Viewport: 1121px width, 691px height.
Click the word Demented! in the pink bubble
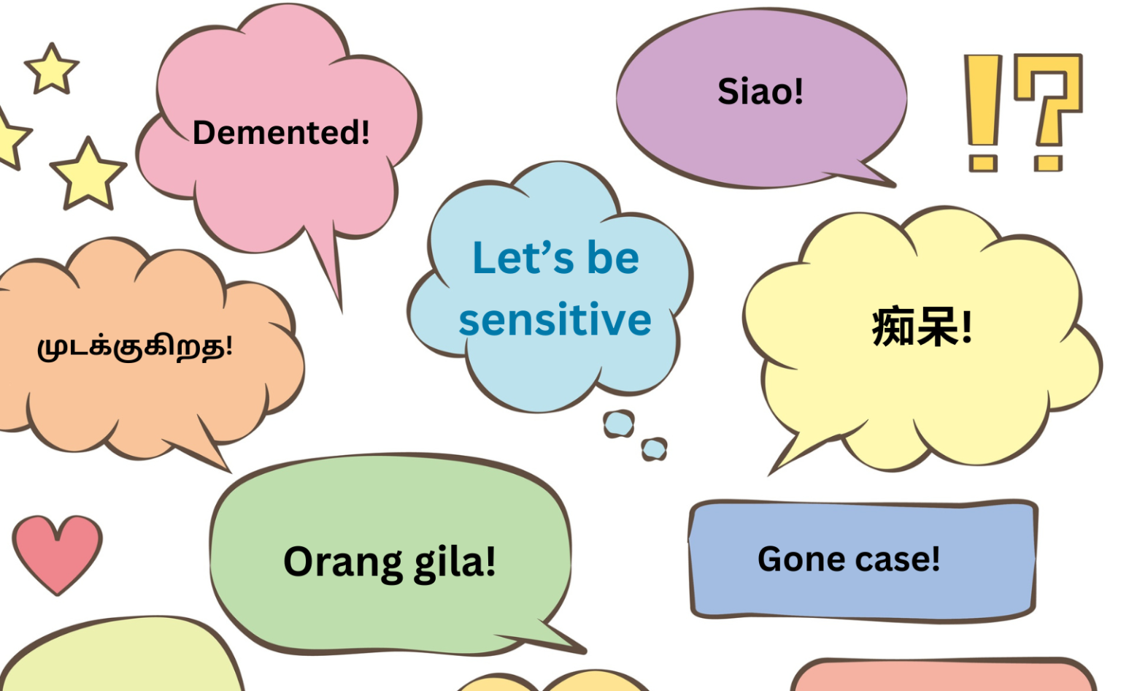pyautogui.click(x=281, y=133)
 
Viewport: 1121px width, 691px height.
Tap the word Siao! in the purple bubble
pyautogui.click(x=760, y=92)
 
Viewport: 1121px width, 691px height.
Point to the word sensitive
pyautogui.click(x=555, y=320)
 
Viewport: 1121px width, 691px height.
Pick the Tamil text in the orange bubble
pyautogui.click(x=135, y=346)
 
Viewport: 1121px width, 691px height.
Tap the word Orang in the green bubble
pyautogui.click(x=343, y=562)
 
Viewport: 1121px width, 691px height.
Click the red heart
pyautogui.click(x=57, y=551)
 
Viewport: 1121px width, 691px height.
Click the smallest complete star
pyautogui.click(x=52, y=69)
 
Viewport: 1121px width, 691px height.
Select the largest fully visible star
pyautogui.click(x=88, y=175)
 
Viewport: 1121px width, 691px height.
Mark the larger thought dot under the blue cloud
pyautogui.click(x=619, y=424)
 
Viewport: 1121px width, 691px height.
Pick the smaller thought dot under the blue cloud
pyautogui.click(x=654, y=448)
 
